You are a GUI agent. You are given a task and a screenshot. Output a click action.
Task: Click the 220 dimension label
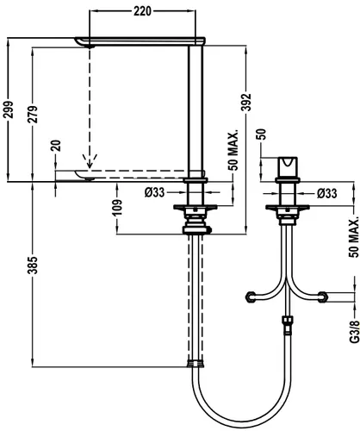[x=142, y=11]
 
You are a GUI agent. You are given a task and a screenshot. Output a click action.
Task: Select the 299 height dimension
[x=8, y=109]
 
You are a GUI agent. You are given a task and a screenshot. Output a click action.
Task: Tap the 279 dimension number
[x=33, y=115]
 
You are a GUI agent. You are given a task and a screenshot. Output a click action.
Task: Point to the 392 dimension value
[x=246, y=102]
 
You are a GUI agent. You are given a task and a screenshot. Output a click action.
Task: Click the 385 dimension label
[x=33, y=265]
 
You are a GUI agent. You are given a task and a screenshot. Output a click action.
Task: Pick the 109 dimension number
[x=117, y=207]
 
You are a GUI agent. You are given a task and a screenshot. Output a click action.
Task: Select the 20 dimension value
[x=56, y=146]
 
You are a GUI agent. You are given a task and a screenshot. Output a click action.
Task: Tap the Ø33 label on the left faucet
[x=155, y=192]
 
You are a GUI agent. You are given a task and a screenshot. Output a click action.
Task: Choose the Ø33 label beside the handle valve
[x=326, y=193]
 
